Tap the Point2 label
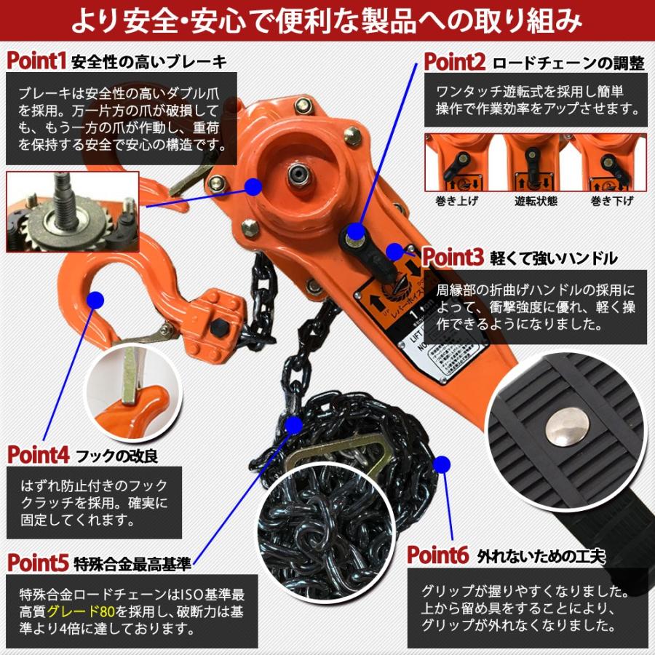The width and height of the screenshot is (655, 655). (455, 61)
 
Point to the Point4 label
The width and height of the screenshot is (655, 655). (39, 455)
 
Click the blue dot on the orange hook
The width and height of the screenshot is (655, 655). (95, 299)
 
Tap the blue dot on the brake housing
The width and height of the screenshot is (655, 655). (253, 186)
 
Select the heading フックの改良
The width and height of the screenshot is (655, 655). (117, 456)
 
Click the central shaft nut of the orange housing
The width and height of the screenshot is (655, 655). (297, 173)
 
